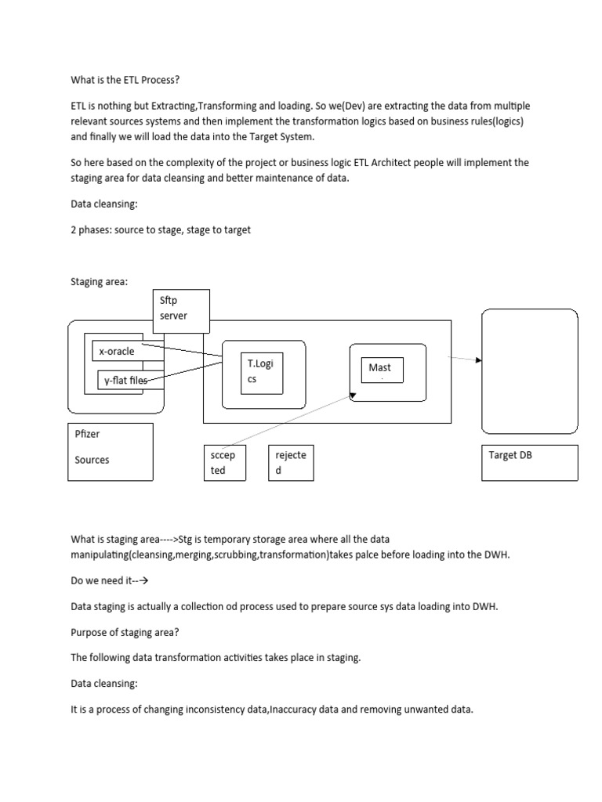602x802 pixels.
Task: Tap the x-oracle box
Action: (118, 351)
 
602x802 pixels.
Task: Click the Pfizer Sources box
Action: (111, 452)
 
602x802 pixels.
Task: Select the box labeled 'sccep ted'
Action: (223, 462)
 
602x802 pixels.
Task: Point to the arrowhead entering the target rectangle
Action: (478, 360)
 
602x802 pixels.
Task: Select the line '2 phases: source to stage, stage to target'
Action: (161, 231)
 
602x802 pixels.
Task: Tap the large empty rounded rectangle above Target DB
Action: (530, 370)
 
